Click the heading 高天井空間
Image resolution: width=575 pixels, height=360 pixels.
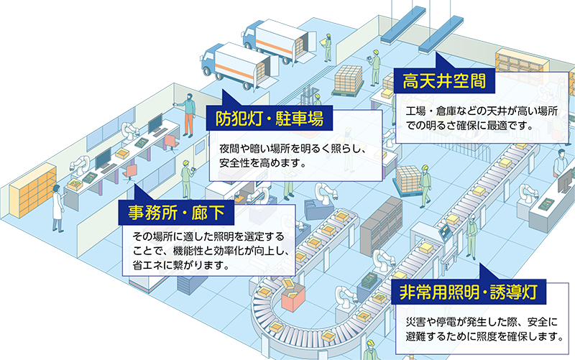(x=441, y=81)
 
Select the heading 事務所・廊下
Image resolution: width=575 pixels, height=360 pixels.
(x=175, y=212)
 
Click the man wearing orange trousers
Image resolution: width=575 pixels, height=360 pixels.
(x=188, y=114)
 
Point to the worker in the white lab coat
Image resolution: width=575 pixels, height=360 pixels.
(x=57, y=208)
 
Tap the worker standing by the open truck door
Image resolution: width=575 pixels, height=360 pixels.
(x=326, y=46)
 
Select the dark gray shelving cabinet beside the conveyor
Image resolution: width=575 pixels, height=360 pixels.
(x=379, y=223)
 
